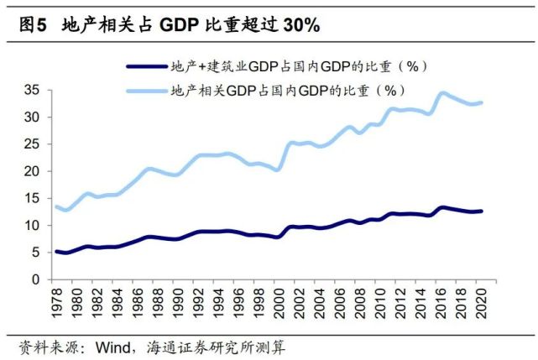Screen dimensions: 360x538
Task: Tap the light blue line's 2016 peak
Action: [441, 93]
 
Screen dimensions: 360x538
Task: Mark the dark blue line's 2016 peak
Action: [441, 207]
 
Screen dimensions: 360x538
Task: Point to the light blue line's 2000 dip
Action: [279, 170]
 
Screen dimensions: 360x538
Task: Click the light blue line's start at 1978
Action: [56, 206]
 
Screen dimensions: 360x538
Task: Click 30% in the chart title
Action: [299, 25]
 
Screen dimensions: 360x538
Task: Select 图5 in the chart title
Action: [33, 25]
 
